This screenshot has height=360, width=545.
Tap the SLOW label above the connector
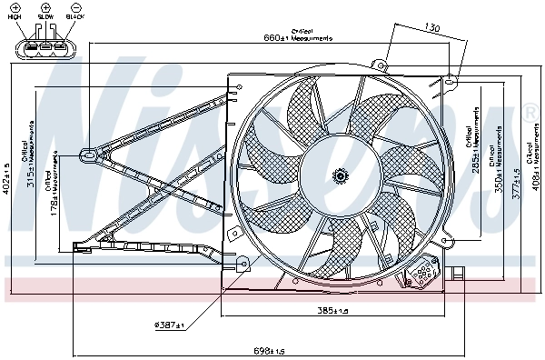45,17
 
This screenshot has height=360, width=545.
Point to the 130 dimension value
432,29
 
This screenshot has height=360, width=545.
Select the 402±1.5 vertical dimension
7,178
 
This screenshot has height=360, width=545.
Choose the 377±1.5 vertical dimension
519,185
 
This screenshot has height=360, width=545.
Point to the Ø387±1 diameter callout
169,325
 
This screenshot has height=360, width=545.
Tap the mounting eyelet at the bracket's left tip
87,154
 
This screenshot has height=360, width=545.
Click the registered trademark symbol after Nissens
529,113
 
